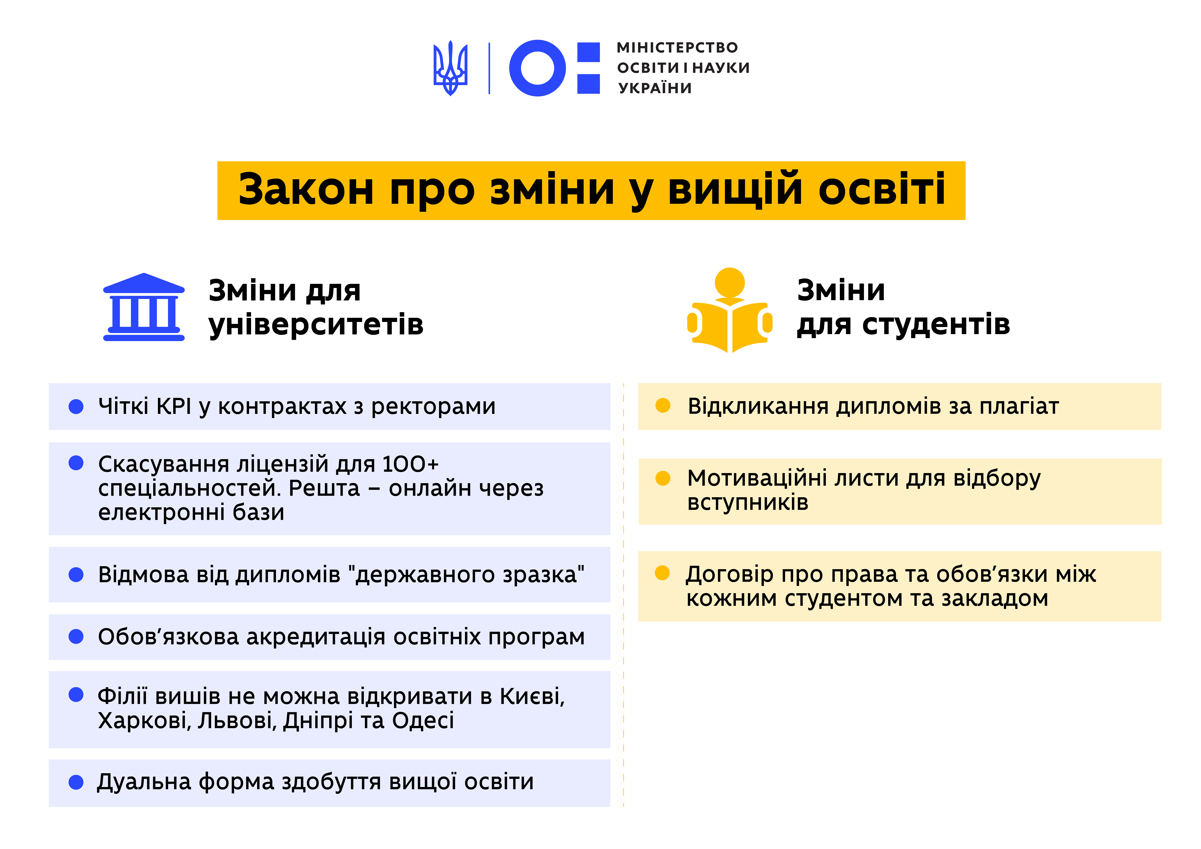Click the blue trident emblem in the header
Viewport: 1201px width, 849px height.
450,68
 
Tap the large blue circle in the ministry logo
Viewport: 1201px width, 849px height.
537,68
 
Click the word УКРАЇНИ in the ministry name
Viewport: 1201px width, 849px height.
655,88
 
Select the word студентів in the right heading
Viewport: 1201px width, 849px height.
936,324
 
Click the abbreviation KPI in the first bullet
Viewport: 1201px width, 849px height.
174,406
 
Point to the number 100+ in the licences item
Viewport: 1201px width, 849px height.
411,464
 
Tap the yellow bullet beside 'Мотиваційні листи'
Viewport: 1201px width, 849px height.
663,478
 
